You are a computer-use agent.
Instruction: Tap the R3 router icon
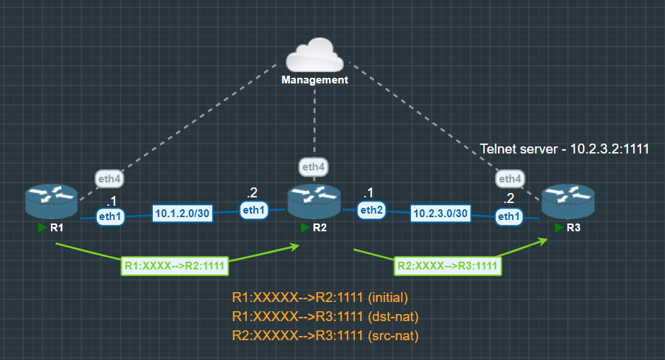click(567, 202)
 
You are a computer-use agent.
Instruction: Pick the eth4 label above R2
click(314, 167)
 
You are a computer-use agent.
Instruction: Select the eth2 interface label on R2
click(371, 209)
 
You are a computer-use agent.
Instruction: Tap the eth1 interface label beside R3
click(509, 216)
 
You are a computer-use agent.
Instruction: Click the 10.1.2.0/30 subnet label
click(183, 214)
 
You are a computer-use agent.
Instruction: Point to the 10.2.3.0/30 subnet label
click(440, 213)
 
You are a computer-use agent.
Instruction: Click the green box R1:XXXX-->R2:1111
click(174, 266)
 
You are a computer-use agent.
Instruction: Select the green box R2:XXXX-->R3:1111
click(447, 266)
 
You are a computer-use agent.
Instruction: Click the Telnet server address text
click(565, 149)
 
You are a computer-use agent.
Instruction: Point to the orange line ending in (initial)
click(320, 298)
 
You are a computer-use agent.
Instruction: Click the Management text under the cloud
click(315, 80)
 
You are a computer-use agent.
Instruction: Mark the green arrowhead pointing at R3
click(543, 240)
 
